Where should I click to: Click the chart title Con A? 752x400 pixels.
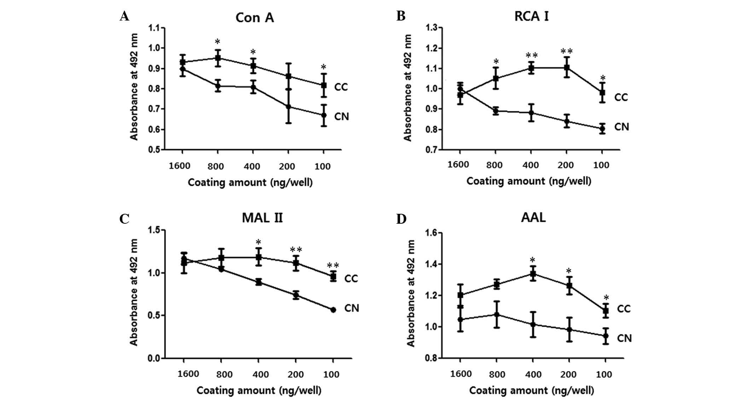coord(255,17)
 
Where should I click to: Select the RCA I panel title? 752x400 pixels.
coord(532,16)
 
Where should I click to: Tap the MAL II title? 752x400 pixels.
coord(262,217)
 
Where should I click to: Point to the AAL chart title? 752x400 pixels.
coord(533,217)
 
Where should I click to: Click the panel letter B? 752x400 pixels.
coord(401,16)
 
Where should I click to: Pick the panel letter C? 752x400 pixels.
coord(124,219)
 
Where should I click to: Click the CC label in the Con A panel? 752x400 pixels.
coord(341,87)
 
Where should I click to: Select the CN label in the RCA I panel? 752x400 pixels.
coord(621,127)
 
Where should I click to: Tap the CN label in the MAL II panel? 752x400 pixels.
coord(352,308)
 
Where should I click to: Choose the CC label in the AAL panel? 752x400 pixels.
coord(624,309)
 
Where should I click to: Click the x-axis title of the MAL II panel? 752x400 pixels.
coord(259,390)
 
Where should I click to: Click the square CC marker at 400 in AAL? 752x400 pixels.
coord(533,274)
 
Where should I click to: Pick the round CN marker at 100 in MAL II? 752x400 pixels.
coord(333,310)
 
